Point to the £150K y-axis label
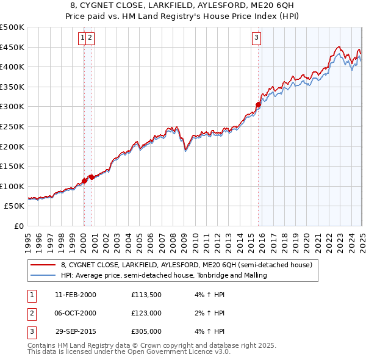point(13,166)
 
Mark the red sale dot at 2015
point(258,105)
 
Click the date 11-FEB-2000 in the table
point(76,295)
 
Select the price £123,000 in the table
point(146,314)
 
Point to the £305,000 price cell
point(146,333)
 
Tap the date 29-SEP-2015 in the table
point(76,333)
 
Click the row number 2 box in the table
point(30,314)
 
